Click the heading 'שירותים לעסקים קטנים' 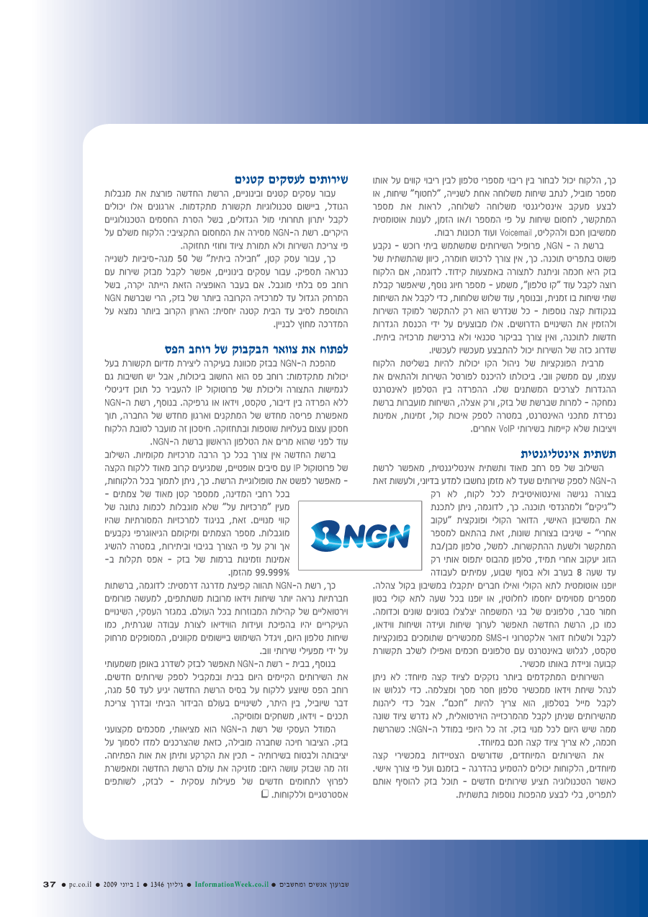[x=292, y=179]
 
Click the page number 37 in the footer [x=49, y=884]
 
